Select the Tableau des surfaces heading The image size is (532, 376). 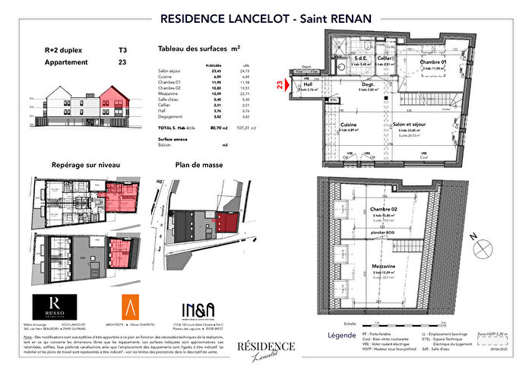(x=198, y=48)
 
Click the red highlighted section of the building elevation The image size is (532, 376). (x=113, y=99)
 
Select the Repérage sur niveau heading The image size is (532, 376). (x=85, y=164)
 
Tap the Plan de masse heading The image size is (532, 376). (x=197, y=164)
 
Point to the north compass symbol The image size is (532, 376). (x=480, y=247)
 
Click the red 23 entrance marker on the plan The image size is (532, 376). (x=281, y=85)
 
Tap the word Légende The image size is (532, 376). (x=340, y=335)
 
